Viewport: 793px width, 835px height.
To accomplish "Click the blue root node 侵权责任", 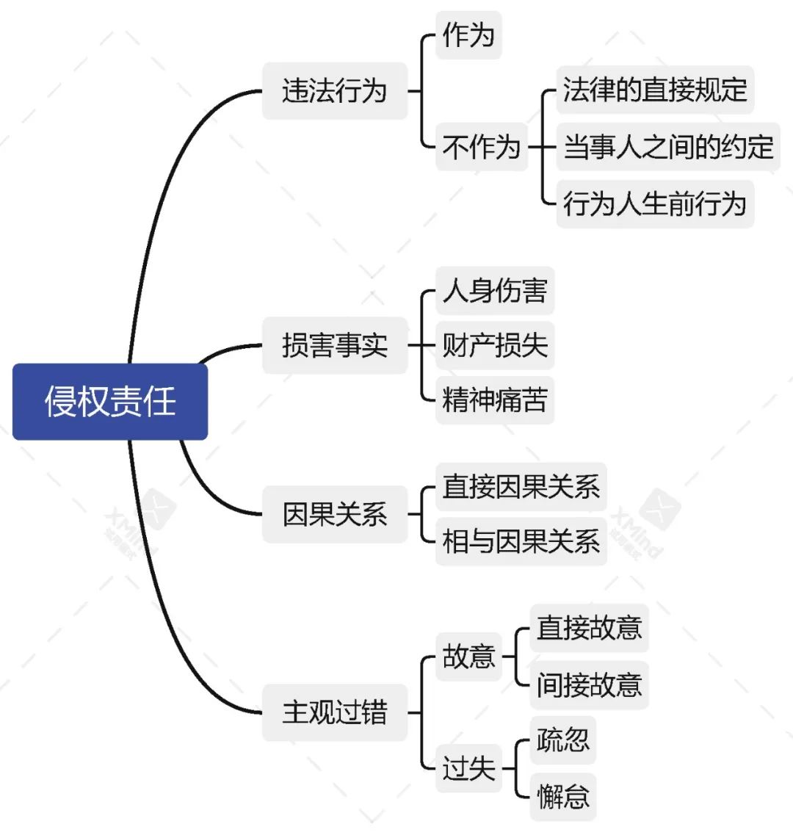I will coord(110,402).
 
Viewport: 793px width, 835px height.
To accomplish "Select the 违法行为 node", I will coord(335,91).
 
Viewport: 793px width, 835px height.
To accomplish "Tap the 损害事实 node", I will coord(335,345).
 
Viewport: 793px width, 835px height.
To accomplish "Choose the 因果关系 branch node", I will coord(335,514).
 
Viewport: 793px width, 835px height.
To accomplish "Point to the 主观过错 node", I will coord(335,712).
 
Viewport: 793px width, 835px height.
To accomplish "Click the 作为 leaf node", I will coord(468,35).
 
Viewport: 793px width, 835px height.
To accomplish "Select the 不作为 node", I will coord(482,147).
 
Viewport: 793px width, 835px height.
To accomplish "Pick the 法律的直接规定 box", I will coord(655,90).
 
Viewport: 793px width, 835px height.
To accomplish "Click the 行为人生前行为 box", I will coord(655,203).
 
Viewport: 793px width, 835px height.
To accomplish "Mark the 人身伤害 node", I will coord(495,291).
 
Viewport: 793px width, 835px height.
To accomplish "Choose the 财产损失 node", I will coord(495,345).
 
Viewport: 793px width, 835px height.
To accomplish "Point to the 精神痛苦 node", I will coord(495,400).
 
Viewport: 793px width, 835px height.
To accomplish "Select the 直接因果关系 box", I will coord(521,487).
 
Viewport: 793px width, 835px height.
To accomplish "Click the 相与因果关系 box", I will coord(521,542).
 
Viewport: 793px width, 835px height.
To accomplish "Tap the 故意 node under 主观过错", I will coord(468,656).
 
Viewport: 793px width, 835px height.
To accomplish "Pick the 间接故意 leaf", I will coord(589,684).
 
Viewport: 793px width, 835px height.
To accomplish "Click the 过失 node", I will coord(468,768).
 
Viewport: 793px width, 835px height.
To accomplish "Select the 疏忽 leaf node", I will coord(562,740).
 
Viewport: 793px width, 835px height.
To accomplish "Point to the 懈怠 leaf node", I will coord(562,796).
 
